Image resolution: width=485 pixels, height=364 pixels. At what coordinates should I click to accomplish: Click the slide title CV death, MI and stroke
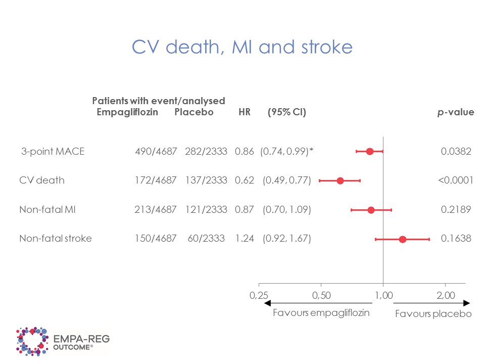click(x=242, y=47)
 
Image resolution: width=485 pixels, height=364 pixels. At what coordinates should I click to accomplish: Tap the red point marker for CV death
click(x=340, y=180)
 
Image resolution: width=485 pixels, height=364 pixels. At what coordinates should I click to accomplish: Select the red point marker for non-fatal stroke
click(x=403, y=239)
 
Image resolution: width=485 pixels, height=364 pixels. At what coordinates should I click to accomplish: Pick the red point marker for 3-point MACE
click(x=370, y=151)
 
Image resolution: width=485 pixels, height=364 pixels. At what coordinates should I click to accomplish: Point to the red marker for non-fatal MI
click(x=371, y=210)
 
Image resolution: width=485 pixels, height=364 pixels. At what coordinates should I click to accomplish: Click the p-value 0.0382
click(x=456, y=151)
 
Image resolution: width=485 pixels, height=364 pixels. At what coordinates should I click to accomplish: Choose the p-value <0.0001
click(x=455, y=180)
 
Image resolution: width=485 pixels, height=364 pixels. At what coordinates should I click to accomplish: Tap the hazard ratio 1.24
click(x=244, y=239)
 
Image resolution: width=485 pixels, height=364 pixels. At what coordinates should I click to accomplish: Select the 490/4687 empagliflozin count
click(x=156, y=151)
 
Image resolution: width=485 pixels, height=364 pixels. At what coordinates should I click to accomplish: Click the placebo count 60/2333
click(x=206, y=239)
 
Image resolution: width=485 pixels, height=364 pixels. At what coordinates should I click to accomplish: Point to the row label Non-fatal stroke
click(x=56, y=239)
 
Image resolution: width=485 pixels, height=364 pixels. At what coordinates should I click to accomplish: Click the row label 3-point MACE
click(x=53, y=151)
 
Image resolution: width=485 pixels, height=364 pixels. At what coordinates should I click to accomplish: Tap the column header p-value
click(x=456, y=112)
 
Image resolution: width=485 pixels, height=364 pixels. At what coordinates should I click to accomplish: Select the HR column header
click(x=244, y=112)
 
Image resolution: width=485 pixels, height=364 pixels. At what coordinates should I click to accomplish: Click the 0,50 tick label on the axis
click(x=321, y=295)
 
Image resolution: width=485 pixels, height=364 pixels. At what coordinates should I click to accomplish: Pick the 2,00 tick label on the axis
click(x=446, y=295)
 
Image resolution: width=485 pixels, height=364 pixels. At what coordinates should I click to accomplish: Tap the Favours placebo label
click(x=433, y=314)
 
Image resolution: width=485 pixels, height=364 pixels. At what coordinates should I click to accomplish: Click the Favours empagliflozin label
click(x=321, y=312)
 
